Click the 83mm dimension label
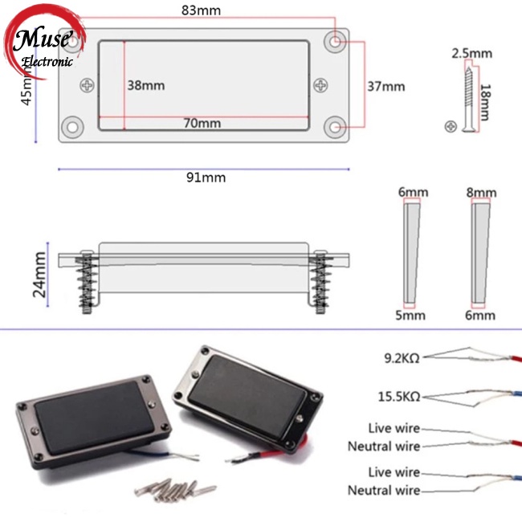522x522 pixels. pyautogui.click(x=201, y=10)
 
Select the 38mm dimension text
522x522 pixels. pyautogui.click(x=146, y=86)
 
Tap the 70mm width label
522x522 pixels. pyautogui.click(x=202, y=124)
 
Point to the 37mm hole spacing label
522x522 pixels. pyautogui.click(x=386, y=87)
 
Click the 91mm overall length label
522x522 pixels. pyautogui.click(x=206, y=177)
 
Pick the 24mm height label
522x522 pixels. pyautogui.click(x=39, y=275)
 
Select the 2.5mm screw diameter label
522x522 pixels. pyautogui.click(x=471, y=54)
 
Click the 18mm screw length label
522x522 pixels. pyautogui.click(x=485, y=102)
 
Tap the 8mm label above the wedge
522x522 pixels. pyautogui.click(x=481, y=193)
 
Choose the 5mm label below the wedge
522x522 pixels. pyautogui.click(x=410, y=316)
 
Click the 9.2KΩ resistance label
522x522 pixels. pyautogui.click(x=402, y=358)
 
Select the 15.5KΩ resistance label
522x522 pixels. pyautogui.click(x=399, y=397)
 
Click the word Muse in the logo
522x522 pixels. pyautogui.click(x=43, y=39)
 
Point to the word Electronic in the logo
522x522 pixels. pyautogui.click(x=47, y=62)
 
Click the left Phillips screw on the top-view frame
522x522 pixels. pyautogui.click(x=88, y=86)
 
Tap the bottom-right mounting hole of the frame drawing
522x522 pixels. pyautogui.click(x=335, y=127)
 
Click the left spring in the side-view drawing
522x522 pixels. pyautogui.click(x=87, y=281)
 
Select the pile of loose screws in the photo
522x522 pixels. pyautogui.click(x=175, y=490)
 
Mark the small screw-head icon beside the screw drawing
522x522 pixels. pyautogui.click(x=451, y=127)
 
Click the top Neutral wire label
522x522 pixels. pyautogui.click(x=384, y=447)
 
